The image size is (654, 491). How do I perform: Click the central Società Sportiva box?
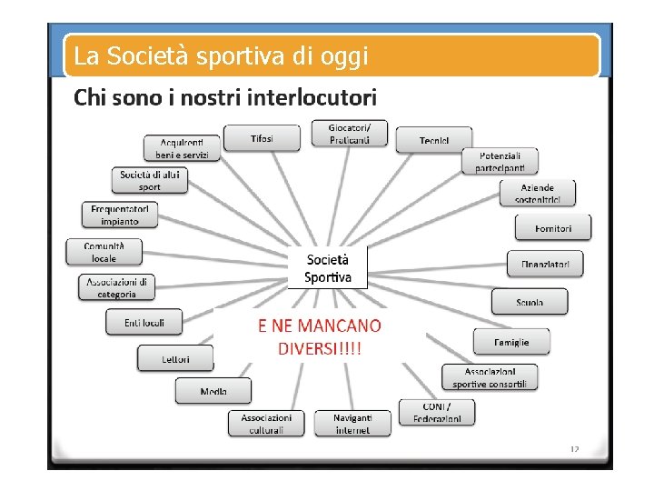(328, 267)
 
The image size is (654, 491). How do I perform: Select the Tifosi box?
(262, 139)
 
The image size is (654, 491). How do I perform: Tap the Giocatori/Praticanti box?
(350, 134)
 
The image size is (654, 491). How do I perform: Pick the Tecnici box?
(433, 140)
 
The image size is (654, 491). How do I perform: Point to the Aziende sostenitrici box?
(537, 194)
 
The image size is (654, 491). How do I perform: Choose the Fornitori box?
(553, 227)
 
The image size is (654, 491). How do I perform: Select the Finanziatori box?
(545, 264)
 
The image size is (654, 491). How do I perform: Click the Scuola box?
(530, 302)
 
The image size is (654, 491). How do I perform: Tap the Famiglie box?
(511, 342)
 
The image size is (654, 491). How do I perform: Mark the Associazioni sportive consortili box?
(490, 377)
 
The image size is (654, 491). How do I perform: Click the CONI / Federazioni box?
(437, 412)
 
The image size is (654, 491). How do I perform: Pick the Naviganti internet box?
(352, 423)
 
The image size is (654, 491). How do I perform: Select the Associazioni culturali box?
(266, 423)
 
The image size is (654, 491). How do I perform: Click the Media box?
(213, 391)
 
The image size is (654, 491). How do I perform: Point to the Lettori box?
(175, 358)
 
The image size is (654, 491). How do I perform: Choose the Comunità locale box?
(104, 252)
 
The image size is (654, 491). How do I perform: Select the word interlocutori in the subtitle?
(312, 96)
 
